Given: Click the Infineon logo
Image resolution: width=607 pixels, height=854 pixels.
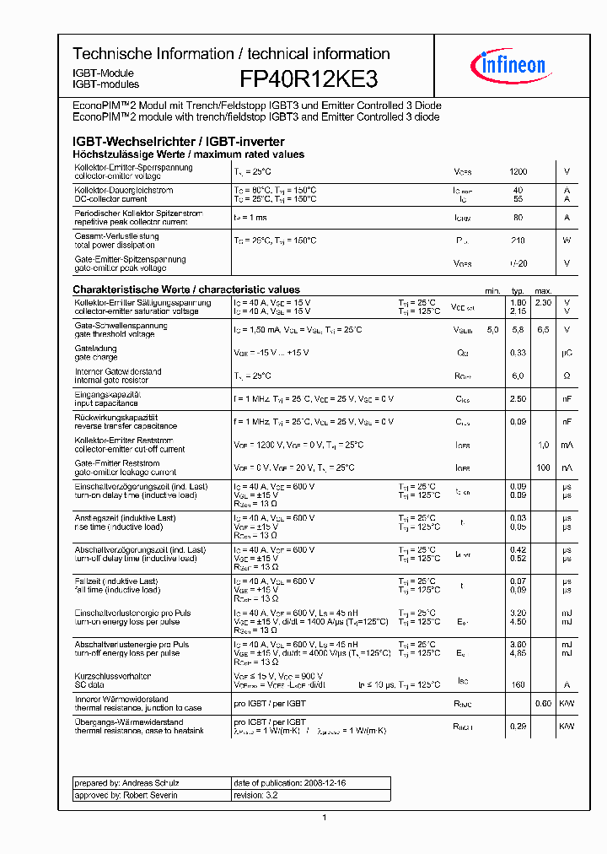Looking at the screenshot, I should click(x=513, y=65).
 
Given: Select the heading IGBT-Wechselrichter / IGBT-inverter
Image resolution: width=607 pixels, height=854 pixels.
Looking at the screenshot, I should click(x=178, y=142).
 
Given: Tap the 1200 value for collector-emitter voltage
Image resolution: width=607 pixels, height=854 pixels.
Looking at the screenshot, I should click(x=518, y=171).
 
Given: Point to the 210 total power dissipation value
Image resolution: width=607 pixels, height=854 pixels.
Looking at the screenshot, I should click(x=518, y=241).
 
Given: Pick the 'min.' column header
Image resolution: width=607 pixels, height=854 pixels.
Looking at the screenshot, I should click(x=493, y=289).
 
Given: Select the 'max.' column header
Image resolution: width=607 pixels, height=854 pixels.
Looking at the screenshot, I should click(x=543, y=289).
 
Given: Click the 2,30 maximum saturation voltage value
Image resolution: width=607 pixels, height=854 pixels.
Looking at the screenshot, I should click(x=543, y=302).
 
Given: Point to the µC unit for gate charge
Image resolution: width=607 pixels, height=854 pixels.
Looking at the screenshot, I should click(x=567, y=353).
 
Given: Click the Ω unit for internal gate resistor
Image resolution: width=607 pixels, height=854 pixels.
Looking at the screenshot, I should click(x=567, y=376).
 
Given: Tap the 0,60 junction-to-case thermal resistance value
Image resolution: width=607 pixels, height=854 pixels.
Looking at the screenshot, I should click(x=543, y=704).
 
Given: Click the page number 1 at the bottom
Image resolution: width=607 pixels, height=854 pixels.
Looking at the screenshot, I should click(x=325, y=817).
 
